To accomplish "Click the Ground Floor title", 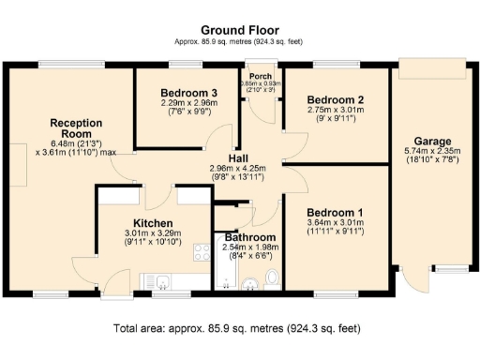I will click(239, 30).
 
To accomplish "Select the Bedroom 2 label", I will click(335, 99).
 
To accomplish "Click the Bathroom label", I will click(249, 238).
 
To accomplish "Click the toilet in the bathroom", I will click(271, 277).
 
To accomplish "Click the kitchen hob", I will click(200, 251).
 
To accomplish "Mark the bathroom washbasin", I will click(249, 284).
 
